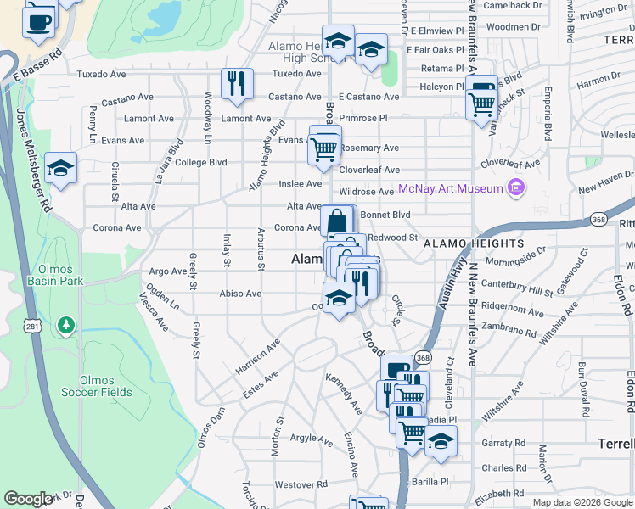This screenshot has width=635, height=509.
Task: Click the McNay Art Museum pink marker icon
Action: click(x=514, y=187)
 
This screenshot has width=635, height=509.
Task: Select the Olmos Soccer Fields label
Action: click(x=105, y=386)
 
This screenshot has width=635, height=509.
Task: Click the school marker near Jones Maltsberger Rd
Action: click(x=60, y=168)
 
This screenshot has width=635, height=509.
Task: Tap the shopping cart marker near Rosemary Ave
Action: click(x=324, y=148)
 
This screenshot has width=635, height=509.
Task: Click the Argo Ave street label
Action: click(x=167, y=271)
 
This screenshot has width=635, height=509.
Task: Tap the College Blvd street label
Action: click(x=201, y=162)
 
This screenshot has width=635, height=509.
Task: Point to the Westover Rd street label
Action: click(x=295, y=484)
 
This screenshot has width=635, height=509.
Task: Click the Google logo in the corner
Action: click(x=28, y=499)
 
